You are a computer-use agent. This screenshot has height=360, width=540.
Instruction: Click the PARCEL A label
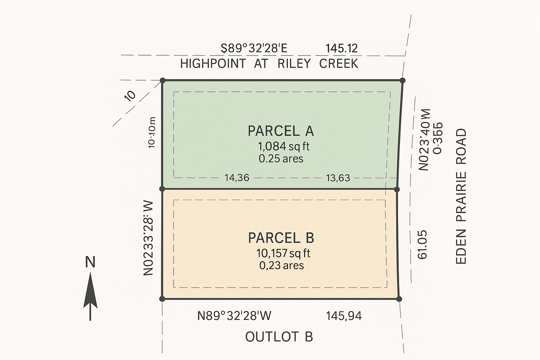coord(281,131)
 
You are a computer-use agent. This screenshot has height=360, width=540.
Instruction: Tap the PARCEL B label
coord(281,238)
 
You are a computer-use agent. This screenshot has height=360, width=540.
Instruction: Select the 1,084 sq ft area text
coord(284,146)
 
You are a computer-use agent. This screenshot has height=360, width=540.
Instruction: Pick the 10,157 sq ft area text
coord(283,253)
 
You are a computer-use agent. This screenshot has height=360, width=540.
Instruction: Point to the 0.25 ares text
coord(281,159)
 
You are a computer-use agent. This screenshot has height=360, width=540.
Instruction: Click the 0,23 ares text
coord(282,265)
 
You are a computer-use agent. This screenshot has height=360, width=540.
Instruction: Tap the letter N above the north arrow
coord(90,262)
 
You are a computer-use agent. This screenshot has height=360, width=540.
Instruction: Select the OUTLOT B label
coord(279,337)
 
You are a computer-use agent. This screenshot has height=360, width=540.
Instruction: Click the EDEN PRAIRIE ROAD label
coord(461,196)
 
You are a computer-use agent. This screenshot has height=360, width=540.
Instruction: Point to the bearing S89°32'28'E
coord(254,48)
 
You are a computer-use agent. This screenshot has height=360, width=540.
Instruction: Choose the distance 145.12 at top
coord(341,48)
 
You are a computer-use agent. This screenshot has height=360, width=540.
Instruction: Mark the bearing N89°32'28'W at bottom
coord(234,316)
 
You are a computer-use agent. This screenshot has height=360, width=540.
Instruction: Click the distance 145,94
coord(343,316)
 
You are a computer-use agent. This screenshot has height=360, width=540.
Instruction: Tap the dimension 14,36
coord(237,178)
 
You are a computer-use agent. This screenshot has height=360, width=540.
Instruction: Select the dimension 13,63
coord(338,178)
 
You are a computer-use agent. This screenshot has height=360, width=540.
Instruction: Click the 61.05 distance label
coord(422,245)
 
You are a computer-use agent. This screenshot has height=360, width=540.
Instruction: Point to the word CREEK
coord(339,64)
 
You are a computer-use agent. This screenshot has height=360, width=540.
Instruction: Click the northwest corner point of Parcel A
coord(162,81)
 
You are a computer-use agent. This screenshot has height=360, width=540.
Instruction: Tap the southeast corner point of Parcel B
coord(399,299)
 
